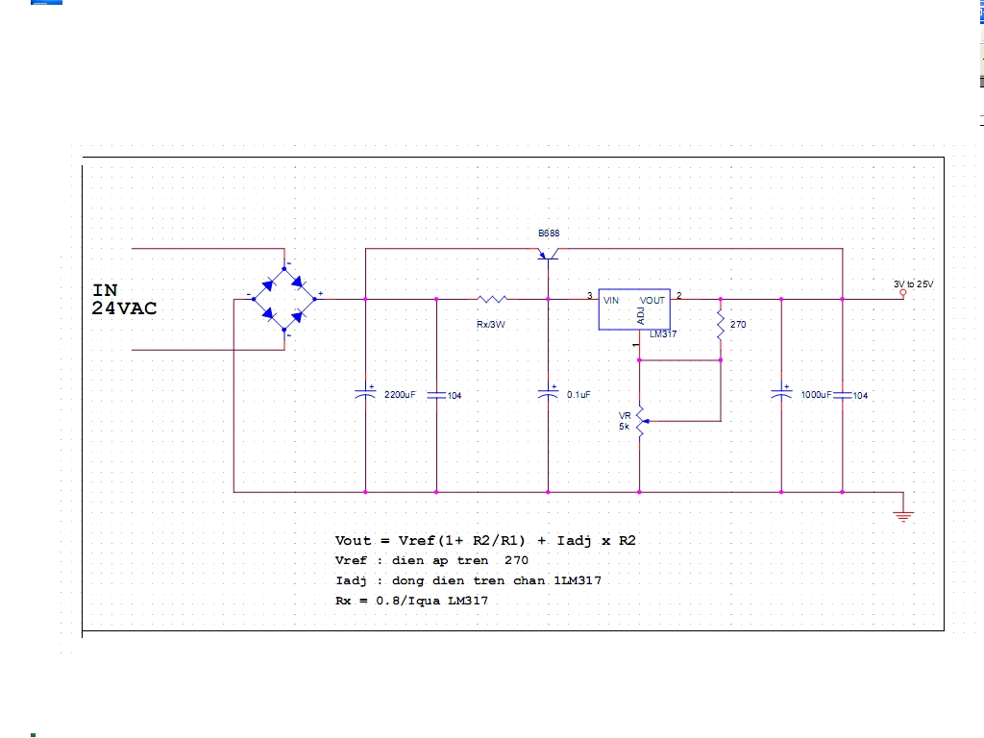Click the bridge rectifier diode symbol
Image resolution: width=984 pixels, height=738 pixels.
pyautogui.click(x=284, y=300)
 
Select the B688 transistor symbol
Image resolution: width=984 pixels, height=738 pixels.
pyautogui.click(x=549, y=254)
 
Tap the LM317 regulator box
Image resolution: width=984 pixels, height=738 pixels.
pyautogui.click(x=634, y=309)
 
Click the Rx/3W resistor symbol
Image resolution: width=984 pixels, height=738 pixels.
pyautogui.click(x=493, y=300)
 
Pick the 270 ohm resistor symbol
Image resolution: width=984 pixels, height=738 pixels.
pyautogui.click(x=721, y=325)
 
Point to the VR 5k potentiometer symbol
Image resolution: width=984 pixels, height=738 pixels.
pyautogui.click(x=641, y=421)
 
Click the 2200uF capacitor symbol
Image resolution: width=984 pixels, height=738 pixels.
pyautogui.click(x=365, y=393)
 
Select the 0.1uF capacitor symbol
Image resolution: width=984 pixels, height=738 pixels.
pyautogui.click(x=548, y=393)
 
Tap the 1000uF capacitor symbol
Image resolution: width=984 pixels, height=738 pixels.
pyautogui.click(x=781, y=393)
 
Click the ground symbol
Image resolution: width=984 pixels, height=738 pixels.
pyautogui.click(x=903, y=516)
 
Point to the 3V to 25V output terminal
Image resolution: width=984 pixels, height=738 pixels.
pyautogui.click(x=903, y=293)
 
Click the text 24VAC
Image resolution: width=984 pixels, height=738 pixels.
pyautogui.click(x=124, y=308)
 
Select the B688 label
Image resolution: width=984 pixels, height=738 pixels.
pyautogui.click(x=549, y=234)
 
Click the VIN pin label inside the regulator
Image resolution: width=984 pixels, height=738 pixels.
pyautogui.click(x=610, y=301)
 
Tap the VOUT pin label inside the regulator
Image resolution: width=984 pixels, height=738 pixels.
pyautogui.click(x=652, y=301)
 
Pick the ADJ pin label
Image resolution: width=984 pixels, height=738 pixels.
pyautogui.click(x=641, y=316)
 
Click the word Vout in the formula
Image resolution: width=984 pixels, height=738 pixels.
pyautogui.click(x=353, y=540)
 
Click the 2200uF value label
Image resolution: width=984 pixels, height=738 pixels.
pyautogui.click(x=400, y=395)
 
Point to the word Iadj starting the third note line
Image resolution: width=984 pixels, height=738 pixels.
pyautogui.click(x=351, y=581)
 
